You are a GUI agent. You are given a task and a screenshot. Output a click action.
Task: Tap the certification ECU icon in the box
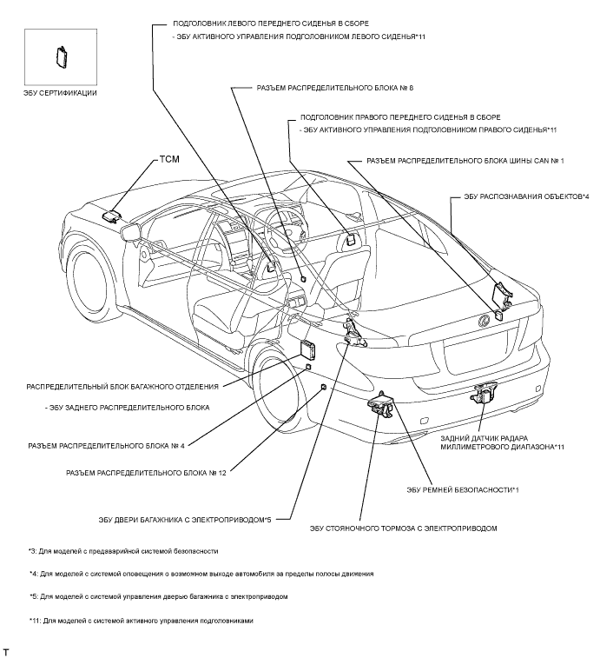[x=63, y=56]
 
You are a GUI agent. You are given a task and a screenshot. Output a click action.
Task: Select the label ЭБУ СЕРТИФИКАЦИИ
[x=60, y=92]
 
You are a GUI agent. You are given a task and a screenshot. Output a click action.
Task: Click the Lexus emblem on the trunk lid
[x=477, y=323]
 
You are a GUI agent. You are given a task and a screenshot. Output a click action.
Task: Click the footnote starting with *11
[x=129, y=621]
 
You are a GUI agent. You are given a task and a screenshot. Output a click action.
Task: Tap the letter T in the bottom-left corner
[x=7, y=650]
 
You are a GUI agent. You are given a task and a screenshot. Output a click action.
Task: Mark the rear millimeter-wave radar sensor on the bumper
[x=483, y=394]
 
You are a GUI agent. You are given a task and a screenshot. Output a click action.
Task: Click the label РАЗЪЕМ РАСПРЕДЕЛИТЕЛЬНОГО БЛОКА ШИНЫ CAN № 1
[x=465, y=161]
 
